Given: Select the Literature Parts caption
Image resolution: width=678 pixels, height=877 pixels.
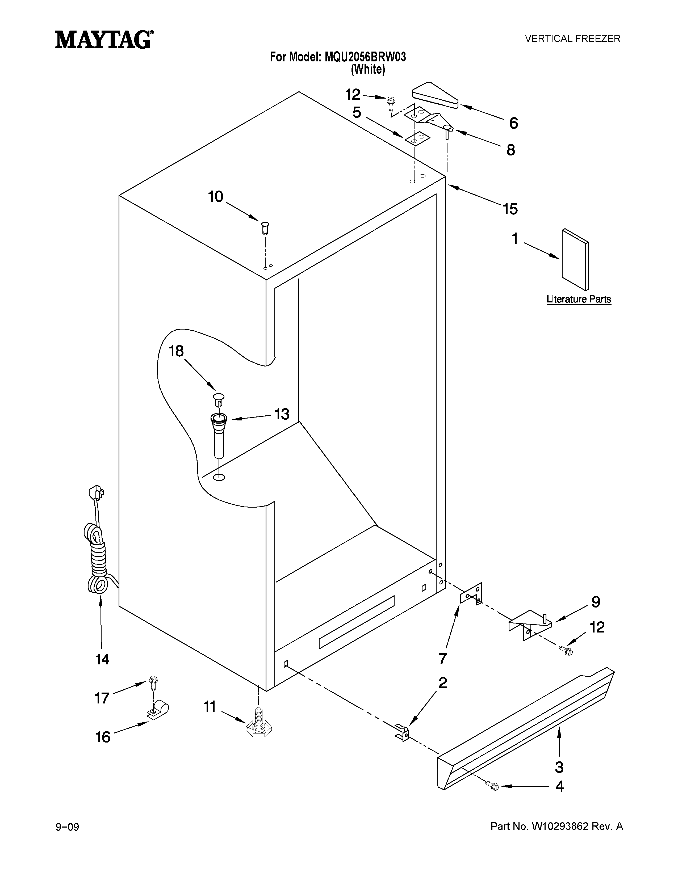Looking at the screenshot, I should (x=578, y=299).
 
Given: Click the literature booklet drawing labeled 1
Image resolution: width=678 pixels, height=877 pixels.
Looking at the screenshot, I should (x=575, y=259).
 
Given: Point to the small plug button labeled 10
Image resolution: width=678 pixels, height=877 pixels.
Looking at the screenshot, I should (x=265, y=227).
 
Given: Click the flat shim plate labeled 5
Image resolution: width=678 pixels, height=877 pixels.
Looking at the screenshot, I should (x=417, y=138).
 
